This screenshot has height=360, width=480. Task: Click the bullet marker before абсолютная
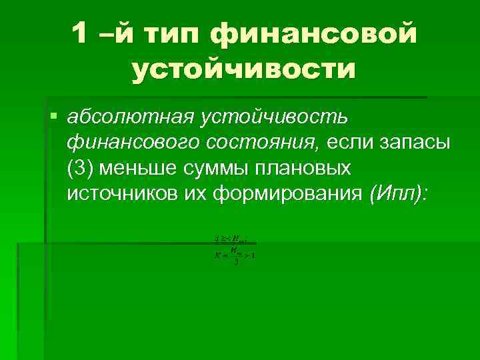tap(53, 117)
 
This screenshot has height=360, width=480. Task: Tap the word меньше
tap(136, 167)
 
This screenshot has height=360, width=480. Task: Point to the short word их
tap(199, 193)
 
